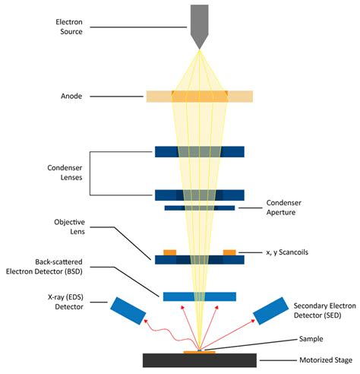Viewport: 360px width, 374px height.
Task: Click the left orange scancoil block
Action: pyautogui.click(x=169, y=252)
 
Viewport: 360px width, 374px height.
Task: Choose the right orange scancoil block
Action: pyautogui.click(x=229, y=252)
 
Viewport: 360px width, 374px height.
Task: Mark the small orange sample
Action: pyautogui.click(x=199, y=351)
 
